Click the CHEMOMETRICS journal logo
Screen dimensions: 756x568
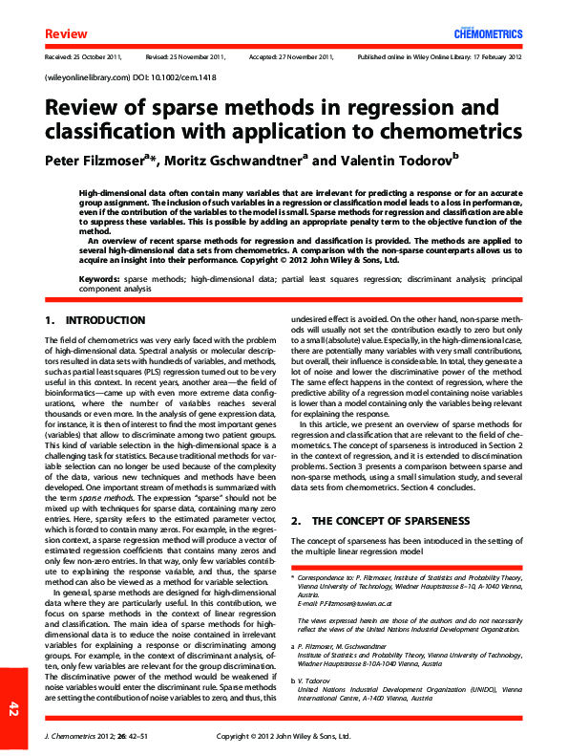coord(488,34)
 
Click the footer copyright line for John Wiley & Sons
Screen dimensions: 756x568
coord(284,737)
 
